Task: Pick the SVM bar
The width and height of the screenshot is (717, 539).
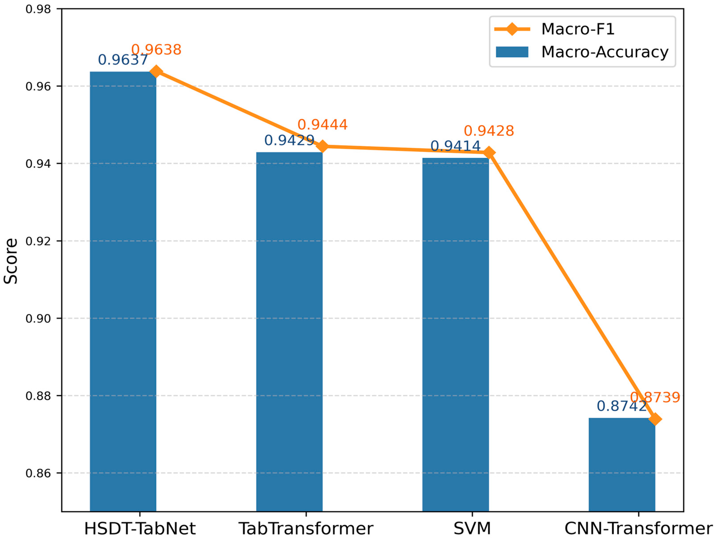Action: pyautogui.click(x=455, y=334)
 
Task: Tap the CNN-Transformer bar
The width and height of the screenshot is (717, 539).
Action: pyautogui.click(x=622, y=464)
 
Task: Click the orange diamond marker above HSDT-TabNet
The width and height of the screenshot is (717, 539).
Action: pyautogui.click(x=156, y=71)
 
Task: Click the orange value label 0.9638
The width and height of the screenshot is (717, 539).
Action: pyautogui.click(x=156, y=50)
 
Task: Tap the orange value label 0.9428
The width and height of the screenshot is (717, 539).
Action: pyautogui.click(x=489, y=131)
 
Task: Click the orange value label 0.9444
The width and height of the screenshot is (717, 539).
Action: pyautogui.click(x=323, y=125)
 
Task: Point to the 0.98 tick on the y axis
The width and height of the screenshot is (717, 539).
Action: pyautogui.click(x=38, y=9)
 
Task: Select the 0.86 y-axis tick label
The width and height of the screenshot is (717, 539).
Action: pyautogui.click(x=38, y=473)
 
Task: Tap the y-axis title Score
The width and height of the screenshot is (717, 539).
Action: pyautogui.click(x=10, y=261)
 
